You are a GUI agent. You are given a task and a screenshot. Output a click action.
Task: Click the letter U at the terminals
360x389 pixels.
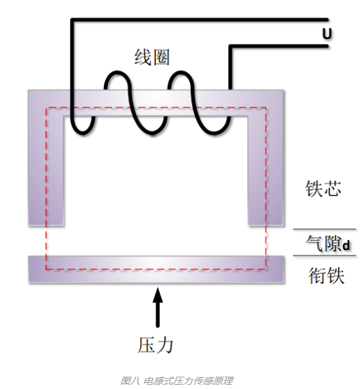(x=327, y=33)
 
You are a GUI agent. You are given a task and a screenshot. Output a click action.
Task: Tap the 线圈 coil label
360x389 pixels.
(x=152, y=57)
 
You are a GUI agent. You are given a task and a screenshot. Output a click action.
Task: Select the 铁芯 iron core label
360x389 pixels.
(x=323, y=189)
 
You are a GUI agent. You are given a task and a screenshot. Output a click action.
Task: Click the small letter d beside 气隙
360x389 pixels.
(x=346, y=245)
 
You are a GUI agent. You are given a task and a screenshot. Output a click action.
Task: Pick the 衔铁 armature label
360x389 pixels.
(x=327, y=276)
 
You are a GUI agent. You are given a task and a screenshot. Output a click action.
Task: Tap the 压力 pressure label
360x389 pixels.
(x=155, y=345)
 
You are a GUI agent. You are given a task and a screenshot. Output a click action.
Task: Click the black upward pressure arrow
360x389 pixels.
(x=158, y=307)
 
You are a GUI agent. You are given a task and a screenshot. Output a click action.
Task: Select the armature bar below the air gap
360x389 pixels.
(x=156, y=269)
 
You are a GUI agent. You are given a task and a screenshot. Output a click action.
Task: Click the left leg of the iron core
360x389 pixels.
(x=46, y=170)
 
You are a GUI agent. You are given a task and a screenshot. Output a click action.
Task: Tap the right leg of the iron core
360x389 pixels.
(x=266, y=170)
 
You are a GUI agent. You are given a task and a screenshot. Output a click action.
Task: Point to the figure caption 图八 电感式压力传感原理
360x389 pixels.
(x=176, y=381)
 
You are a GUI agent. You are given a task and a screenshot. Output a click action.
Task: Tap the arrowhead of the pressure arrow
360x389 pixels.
(x=158, y=295)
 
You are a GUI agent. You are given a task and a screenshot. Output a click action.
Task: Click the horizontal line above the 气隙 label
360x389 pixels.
(x=324, y=229)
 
